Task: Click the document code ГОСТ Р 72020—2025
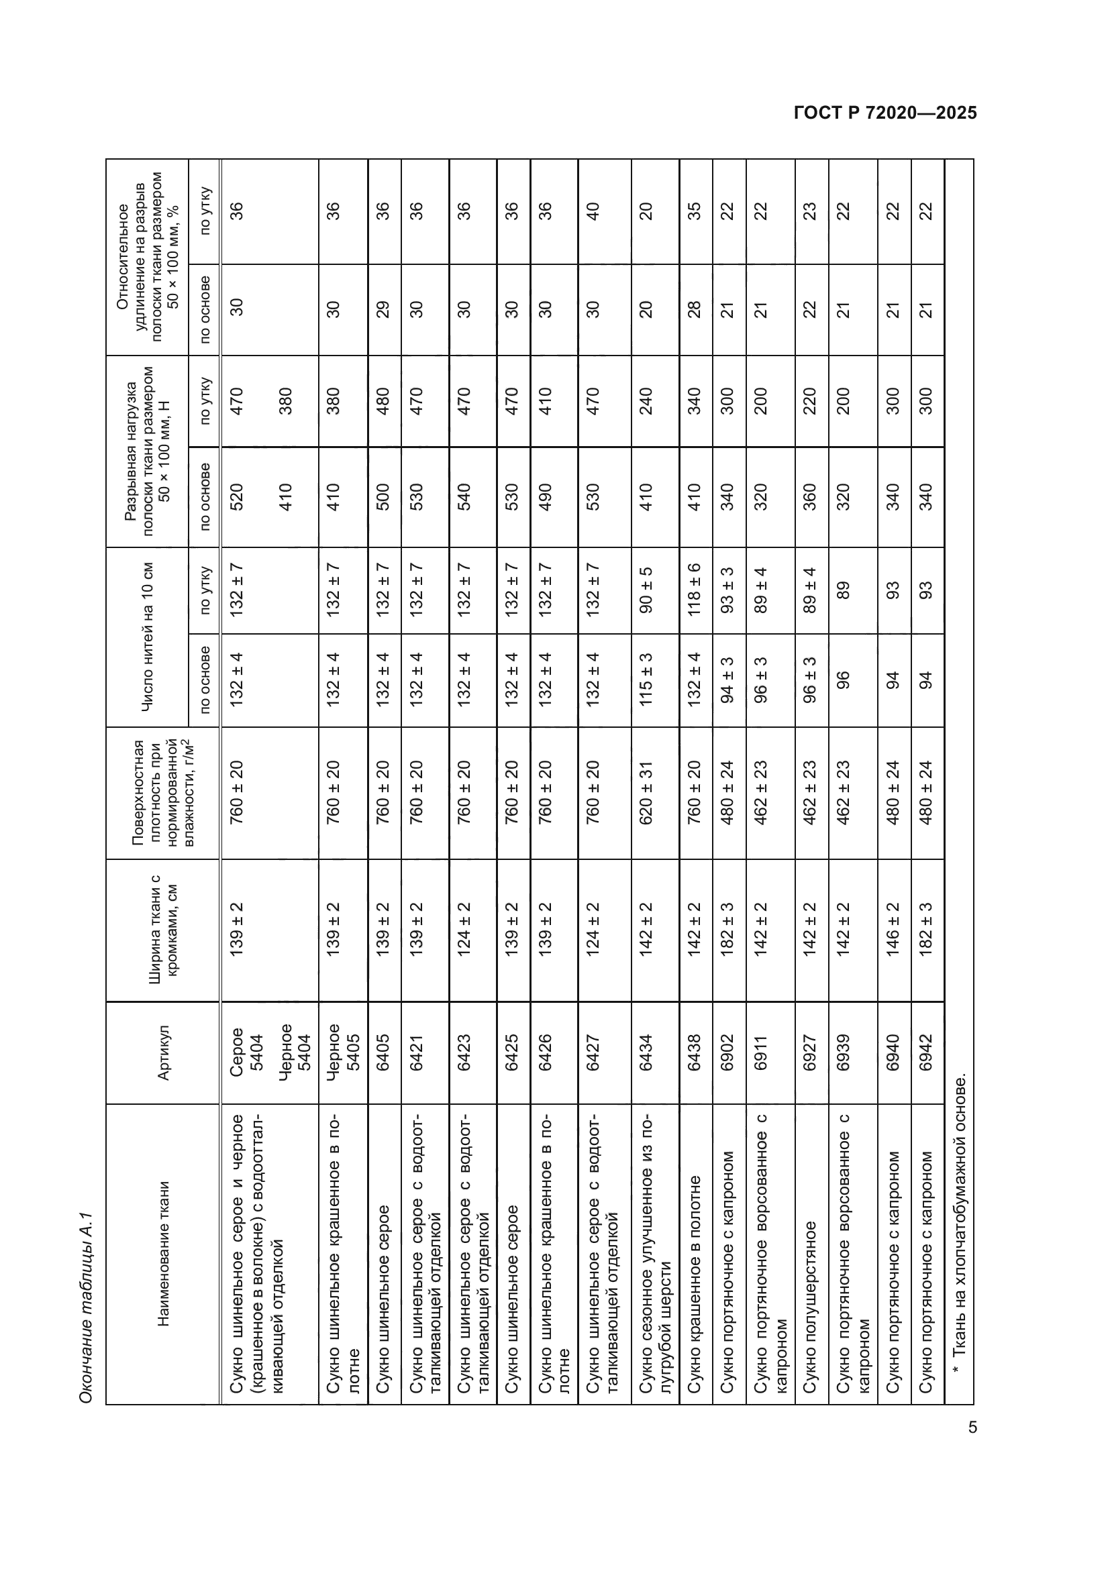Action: [885, 113]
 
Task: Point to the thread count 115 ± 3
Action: [646, 680]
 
